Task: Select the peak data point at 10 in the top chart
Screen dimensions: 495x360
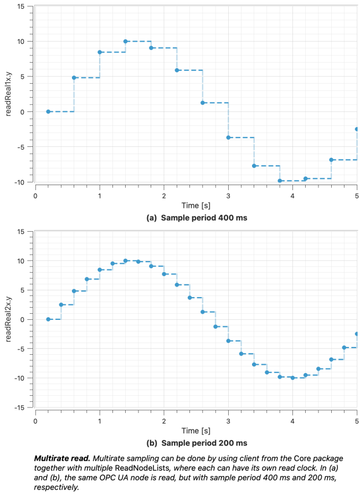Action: pos(126,42)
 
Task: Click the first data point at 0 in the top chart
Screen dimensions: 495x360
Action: pos(48,111)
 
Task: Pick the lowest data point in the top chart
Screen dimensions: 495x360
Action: pos(280,181)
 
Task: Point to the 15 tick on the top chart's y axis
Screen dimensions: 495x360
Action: pos(20,6)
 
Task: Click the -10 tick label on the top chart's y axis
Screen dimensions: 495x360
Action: pos(19,182)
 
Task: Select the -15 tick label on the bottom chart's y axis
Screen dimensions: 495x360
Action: pos(19,407)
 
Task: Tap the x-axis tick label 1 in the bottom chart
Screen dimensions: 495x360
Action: pos(100,421)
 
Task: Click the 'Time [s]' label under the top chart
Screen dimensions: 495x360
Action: pos(196,206)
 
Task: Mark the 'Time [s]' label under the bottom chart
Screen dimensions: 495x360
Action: pos(196,430)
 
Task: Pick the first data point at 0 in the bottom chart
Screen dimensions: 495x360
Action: pos(48,319)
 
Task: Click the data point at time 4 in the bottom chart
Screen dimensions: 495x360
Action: pos(292,378)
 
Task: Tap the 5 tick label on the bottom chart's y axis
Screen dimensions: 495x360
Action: pos(23,290)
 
